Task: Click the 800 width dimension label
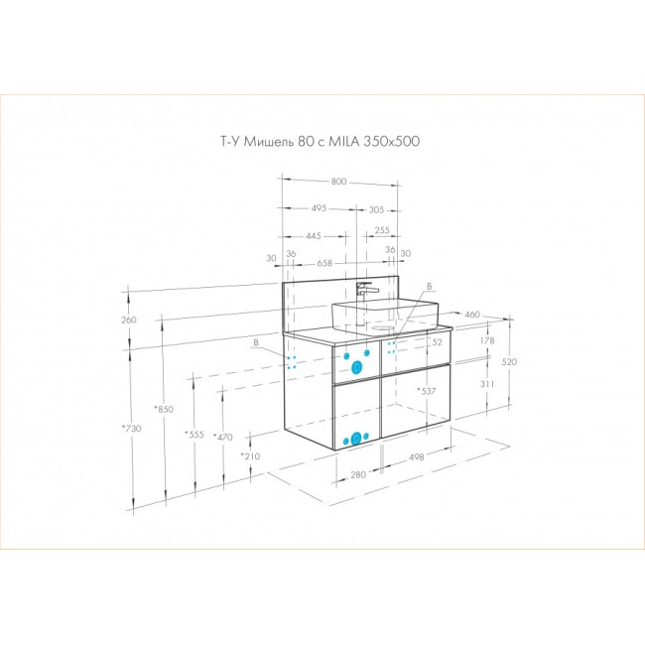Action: pyautogui.click(x=338, y=182)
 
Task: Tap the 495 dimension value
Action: pyautogui.click(x=319, y=208)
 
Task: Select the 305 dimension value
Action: pyautogui.click(x=376, y=209)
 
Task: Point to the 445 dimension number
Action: pyautogui.click(x=314, y=236)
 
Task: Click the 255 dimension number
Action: pyautogui.click(x=382, y=230)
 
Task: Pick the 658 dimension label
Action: pyautogui.click(x=324, y=263)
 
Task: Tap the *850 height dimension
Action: pyautogui.click(x=164, y=409)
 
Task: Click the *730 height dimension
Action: pyautogui.click(x=132, y=429)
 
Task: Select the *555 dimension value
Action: pyautogui.click(x=194, y=435)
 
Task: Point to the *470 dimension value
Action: pyautogui.click(x=223, y=438)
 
